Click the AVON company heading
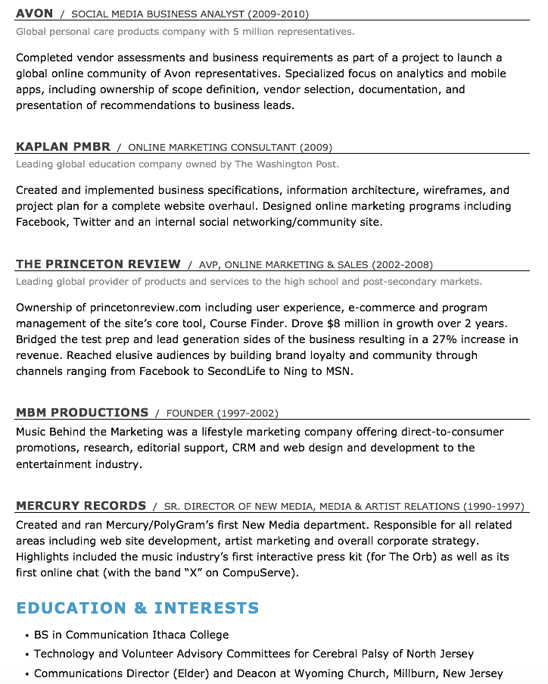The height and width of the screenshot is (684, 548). pyautogui.click(x=34, y=14)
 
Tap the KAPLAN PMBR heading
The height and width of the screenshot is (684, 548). pyautogui.click(x=63, y=147)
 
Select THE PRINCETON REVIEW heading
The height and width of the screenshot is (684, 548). pyautogui.click(x=98, y=264)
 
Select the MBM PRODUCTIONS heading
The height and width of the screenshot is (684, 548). pyautogui.click(x=82, y=413)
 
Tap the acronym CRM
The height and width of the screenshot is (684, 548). pyautogui.click(x=244, y=448)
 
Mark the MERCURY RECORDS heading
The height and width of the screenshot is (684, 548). pyautogui.click(x=81, y=506)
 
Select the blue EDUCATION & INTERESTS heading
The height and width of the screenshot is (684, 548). pyautogui.click(x=137, y=608)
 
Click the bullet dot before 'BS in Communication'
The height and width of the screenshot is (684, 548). pyautogui.click(x=26, y=636)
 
